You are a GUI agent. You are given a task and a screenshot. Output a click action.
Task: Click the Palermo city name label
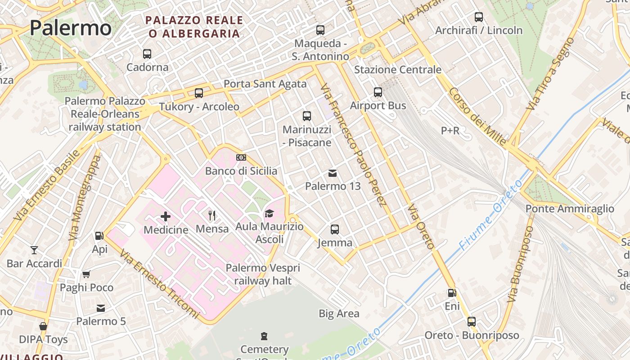coord(71,28)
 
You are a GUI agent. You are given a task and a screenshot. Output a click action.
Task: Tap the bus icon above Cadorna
coord(147,54)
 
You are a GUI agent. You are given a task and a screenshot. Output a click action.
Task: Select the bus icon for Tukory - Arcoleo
coord(199,93)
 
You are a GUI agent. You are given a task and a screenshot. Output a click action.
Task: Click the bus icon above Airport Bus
coord(378,92)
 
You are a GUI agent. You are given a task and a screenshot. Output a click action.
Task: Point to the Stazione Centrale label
coord(398,70)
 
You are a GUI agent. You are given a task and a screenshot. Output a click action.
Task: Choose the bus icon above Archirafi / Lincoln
coord(479,17)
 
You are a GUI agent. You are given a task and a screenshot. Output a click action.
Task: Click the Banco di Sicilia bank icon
coord(241,157)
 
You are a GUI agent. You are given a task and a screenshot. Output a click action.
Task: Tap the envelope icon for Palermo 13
coord(333,173)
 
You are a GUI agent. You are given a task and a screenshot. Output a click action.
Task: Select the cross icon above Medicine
coord(166,216)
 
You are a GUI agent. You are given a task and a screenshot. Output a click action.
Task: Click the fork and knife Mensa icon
coord(212,216)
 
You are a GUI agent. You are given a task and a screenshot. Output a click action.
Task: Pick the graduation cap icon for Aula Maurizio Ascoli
coord(269,213)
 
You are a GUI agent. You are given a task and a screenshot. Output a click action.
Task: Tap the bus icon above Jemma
coord(335,229)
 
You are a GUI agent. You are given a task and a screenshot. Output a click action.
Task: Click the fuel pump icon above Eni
coord(452,293)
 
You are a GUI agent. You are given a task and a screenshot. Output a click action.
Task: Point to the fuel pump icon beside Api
coord(99,235)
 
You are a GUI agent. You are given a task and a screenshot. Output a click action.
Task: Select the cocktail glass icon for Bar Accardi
coord(34,250)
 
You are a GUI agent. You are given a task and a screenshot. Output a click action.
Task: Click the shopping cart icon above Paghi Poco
coord(86,274)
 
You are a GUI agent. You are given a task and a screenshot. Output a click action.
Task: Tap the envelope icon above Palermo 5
coord(101,308)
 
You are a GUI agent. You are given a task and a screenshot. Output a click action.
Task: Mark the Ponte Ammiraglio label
coord(570,209)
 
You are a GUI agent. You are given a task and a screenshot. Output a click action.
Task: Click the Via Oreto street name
coord(421,227)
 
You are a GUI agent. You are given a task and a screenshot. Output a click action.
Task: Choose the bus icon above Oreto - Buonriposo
coord(472,322)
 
